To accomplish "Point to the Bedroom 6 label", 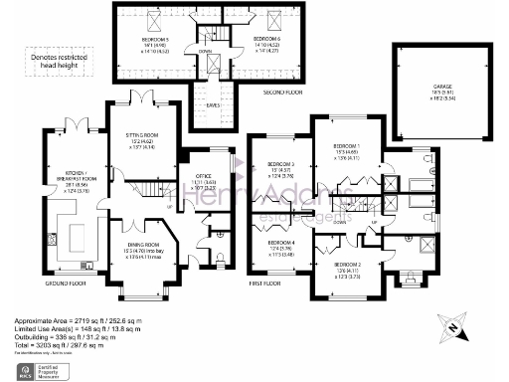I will pyautogui.click(x=240, y=39).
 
